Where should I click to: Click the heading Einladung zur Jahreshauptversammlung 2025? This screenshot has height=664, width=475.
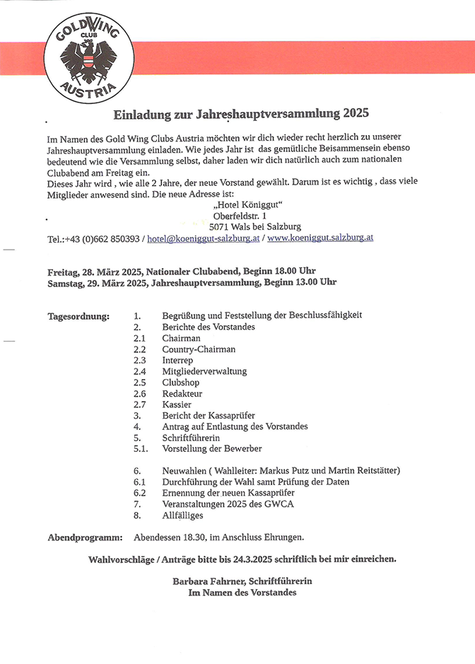[242, 113]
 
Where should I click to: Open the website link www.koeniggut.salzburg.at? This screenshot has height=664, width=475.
[320, 238]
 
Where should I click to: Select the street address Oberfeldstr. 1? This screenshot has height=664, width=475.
[240, 216]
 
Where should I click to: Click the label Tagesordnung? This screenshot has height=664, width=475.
[78, 315]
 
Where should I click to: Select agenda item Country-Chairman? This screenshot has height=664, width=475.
[199, 349]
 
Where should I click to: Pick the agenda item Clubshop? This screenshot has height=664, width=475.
[181, 383]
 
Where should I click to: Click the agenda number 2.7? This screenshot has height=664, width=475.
[139, 405]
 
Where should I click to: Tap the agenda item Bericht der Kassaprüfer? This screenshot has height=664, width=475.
[209, 416]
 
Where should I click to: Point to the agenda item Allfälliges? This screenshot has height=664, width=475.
[182, 516]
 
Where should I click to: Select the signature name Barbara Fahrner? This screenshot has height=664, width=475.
[204, 581]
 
